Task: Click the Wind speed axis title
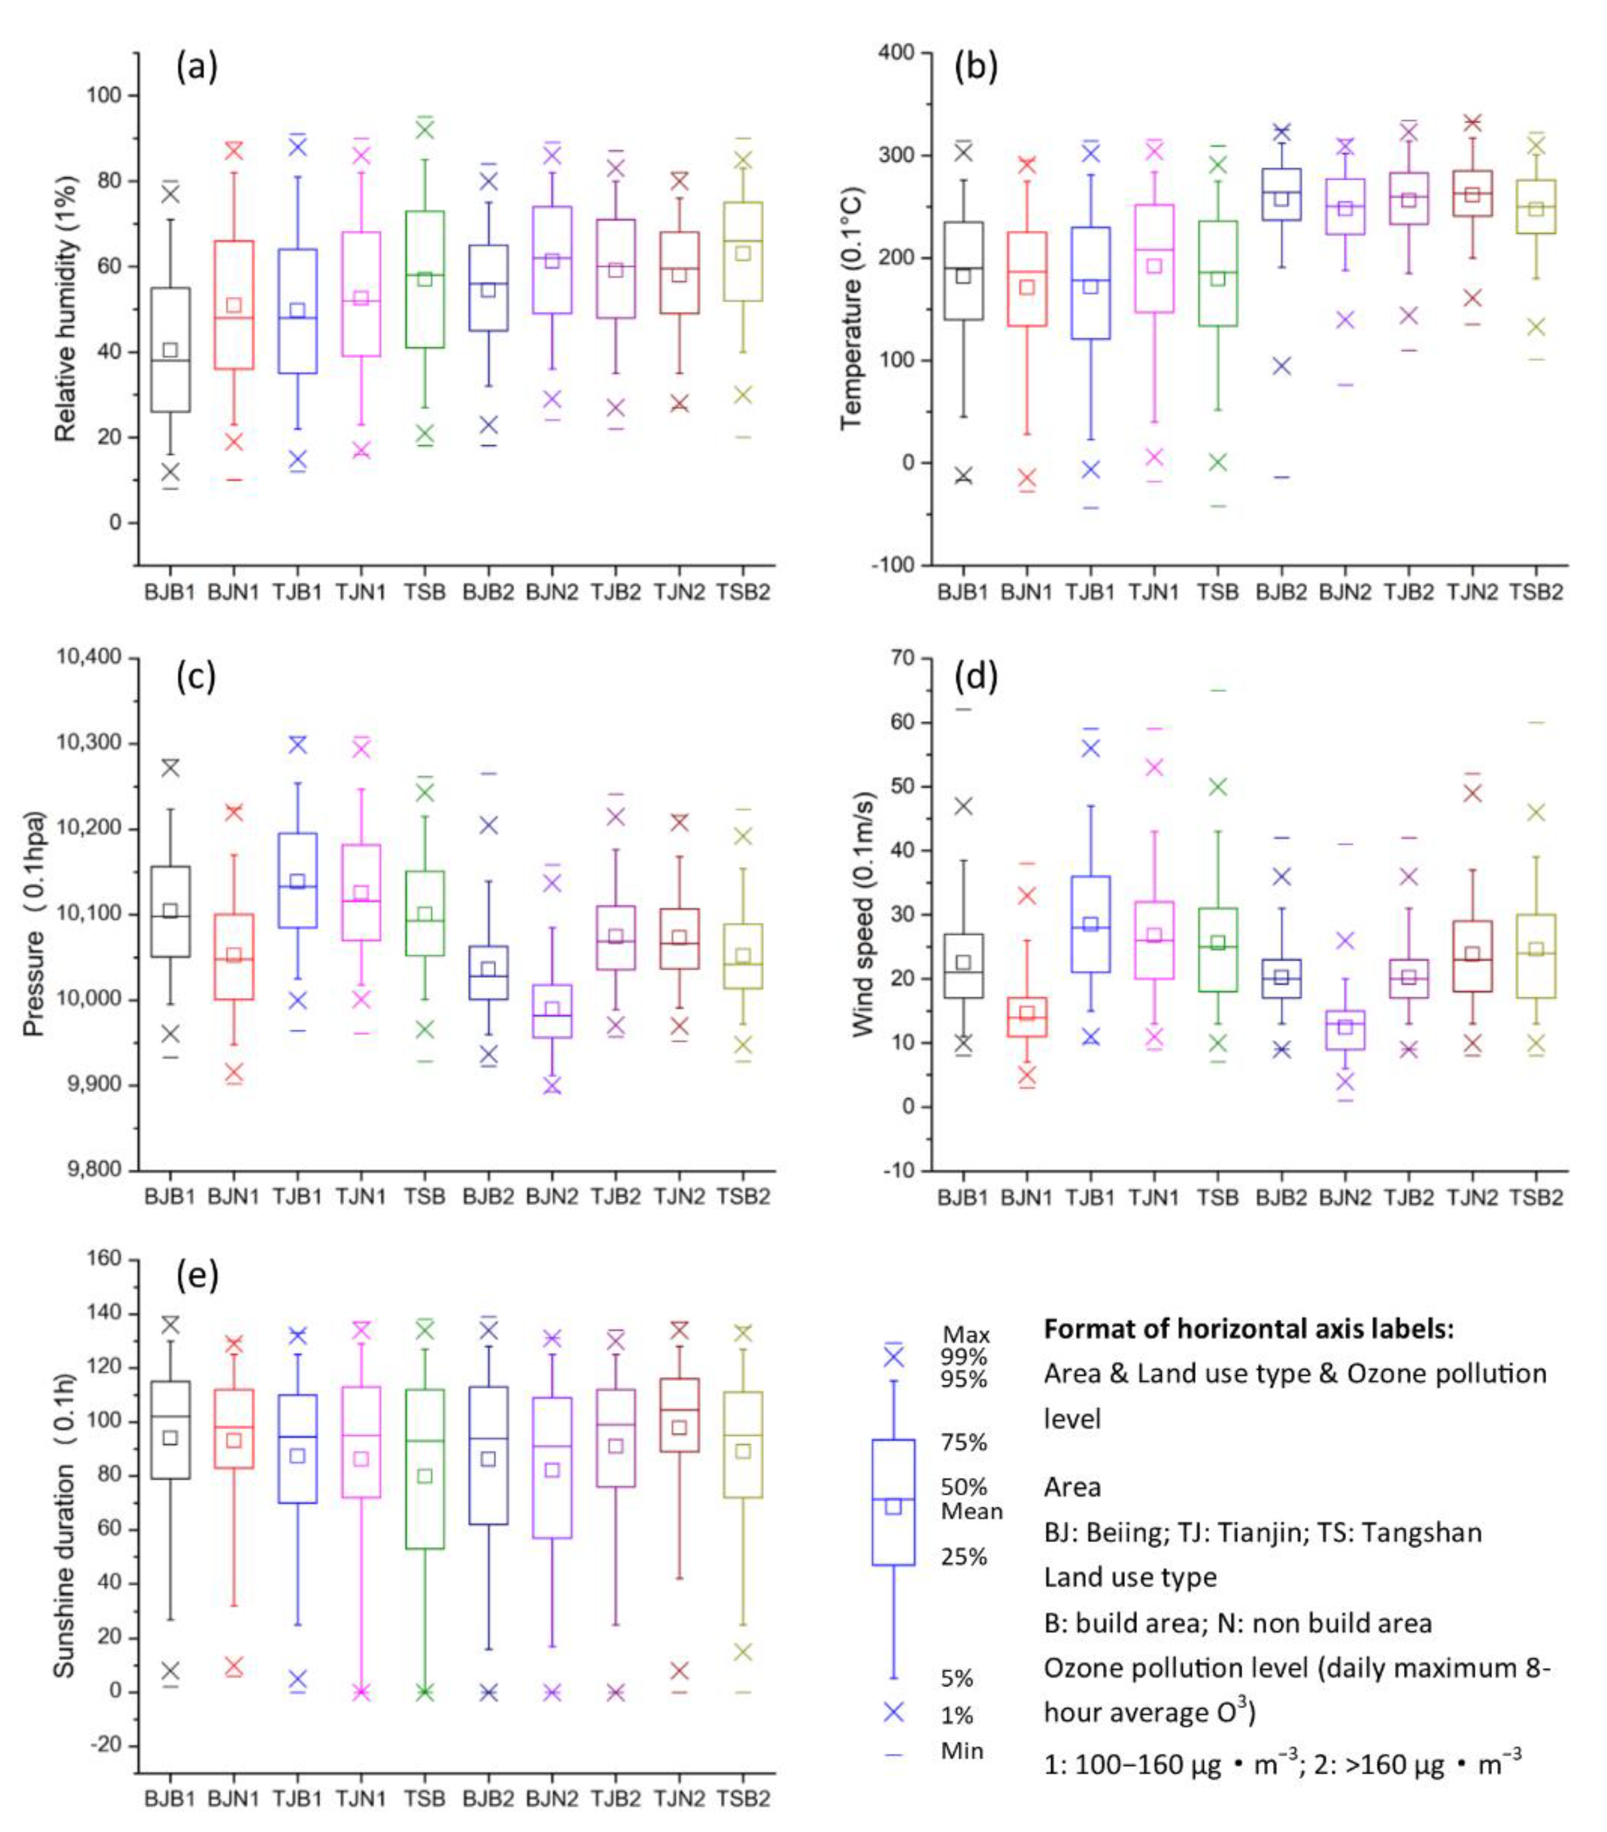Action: tap(862, 914)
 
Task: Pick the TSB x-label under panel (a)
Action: tap(425, 592)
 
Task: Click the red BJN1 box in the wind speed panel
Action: tap(1026, 1017)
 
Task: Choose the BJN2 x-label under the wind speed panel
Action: tap(1345, 1197)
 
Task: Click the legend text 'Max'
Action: tap(965, 1335)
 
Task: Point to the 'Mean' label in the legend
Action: tap(971, 1511)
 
